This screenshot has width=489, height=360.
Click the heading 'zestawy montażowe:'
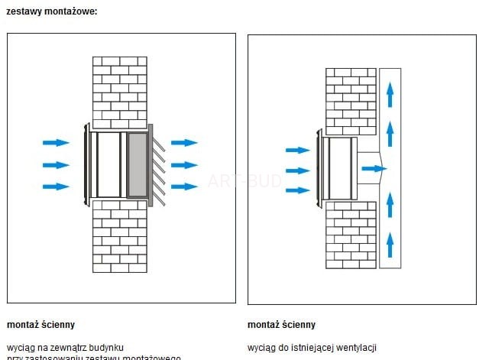pyautogui.click(x=51, y=11)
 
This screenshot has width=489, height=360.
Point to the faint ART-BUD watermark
pyautogui.click(x=244, y=181)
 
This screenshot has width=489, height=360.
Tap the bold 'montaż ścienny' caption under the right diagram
pyautogui.click(x=281, y=325)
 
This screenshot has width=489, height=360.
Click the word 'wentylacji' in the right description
pyautogui.click(x=358, y=348)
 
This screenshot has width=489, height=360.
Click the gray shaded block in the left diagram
pyautogui.click(x=137, y=164)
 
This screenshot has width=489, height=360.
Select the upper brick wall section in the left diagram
pyautogui.click(x=120, y=92)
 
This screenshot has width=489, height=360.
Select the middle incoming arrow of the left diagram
pyautogui.click(x=56, y=164)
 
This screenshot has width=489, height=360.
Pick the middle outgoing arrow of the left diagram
pyautogui.click(x=184, y=164)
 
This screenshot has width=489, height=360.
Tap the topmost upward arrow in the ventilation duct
pyautogui.click(x=390, y=94)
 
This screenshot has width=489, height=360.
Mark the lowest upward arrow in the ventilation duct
pyautogui.click(x=390, y=244)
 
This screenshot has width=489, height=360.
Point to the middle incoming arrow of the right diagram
pyautogui.click(x=297, y=170)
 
